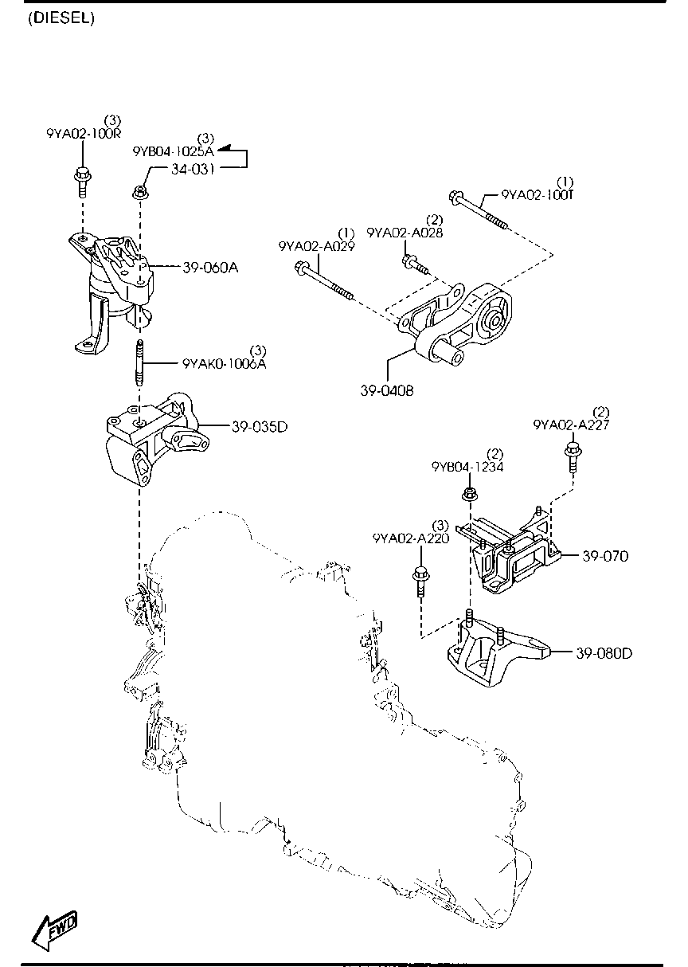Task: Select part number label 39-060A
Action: click(x=210, y=268)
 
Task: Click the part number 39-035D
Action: click(x=260, y=427)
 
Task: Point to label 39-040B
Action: click(x=386, y=391)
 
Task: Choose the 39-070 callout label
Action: click(x=605, y=556)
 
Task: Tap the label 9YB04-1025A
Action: click(x=174, y=151)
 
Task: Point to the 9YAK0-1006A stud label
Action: click(x=224, y=364)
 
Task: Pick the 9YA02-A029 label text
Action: click(x=317, y=247)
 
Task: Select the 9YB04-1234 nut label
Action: click(x=467, y=467)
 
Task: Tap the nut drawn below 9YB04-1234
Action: click(x=470, y=496)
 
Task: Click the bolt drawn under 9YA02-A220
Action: click(x=419, y=581)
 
